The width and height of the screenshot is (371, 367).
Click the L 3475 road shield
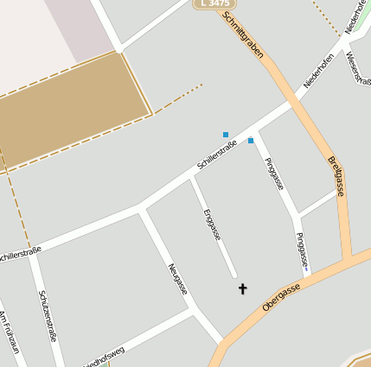(x=213, y=4)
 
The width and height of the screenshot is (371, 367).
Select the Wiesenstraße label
(x=358, y=69)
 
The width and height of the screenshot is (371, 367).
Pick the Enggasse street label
(x=211, y=223)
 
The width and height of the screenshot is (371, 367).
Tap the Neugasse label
(x=178, y=278)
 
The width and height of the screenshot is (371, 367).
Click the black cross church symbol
(x=242, y=288)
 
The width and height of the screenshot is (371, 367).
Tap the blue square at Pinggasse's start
(x=251, y=140)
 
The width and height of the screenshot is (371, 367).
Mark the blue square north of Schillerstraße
(x=226, y=135)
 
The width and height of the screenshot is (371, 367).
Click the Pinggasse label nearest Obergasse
(x=302, y=250)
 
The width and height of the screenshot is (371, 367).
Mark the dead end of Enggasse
(x=235, y=275)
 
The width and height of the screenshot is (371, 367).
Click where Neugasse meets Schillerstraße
(x=141, y=208)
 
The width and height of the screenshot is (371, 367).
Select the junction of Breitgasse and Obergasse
(x=348, y=260)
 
